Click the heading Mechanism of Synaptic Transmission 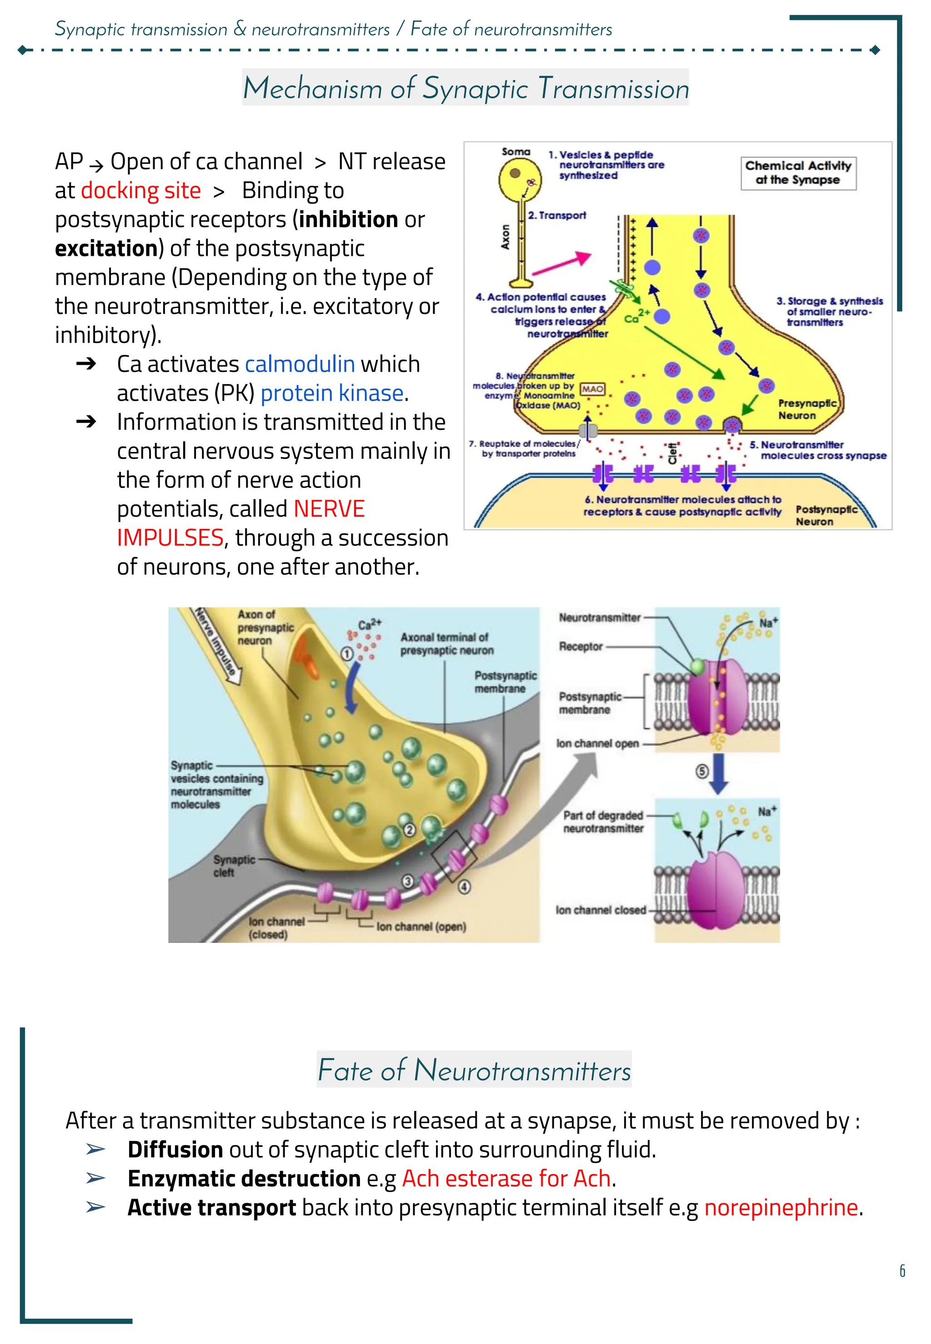point(465,88)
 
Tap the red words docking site point(140,191)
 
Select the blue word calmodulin point(300,364)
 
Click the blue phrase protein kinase point(332,393)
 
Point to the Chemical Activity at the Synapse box point(798,173)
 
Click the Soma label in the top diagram point(516,152)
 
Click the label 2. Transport point(556,215)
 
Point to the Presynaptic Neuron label point(807,409)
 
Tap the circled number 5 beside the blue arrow point(702,772)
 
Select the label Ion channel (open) point(421,926)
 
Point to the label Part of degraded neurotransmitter point(603,821)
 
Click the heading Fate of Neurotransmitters point(474,1070)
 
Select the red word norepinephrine point(781,1208)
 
